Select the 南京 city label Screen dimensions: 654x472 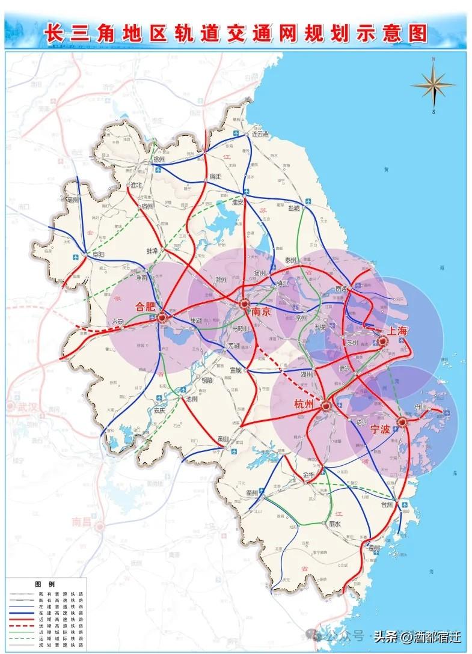260,312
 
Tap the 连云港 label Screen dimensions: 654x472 259,134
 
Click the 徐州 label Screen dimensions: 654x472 159,159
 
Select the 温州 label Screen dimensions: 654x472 374,548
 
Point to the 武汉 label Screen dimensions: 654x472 26,407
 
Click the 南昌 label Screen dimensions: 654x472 81,521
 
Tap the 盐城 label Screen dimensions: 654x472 294,208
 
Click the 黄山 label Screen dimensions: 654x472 223,438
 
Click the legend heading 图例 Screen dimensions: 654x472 44,584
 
